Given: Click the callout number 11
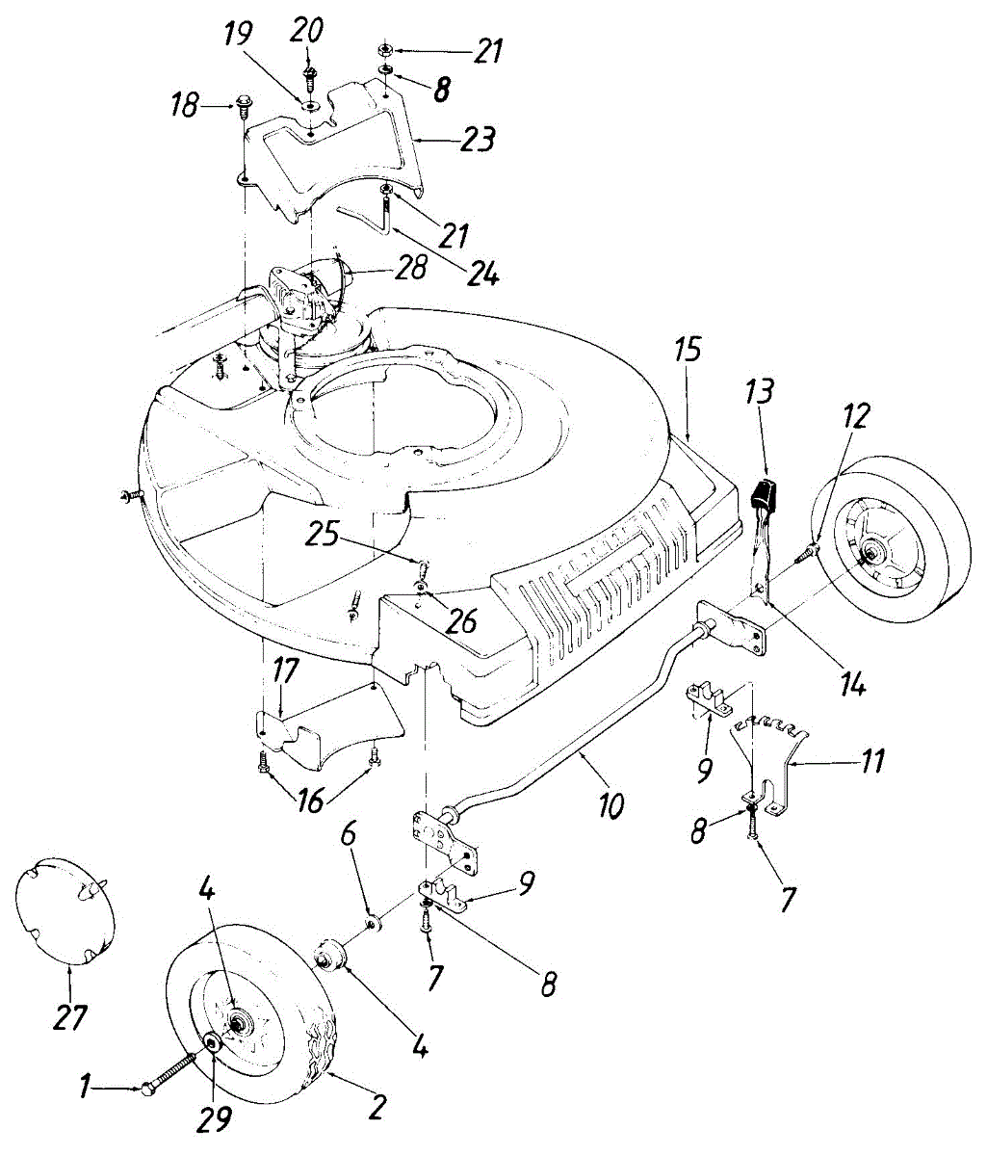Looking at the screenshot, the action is coord(870,762).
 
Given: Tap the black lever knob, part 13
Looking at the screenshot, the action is coord(763,495).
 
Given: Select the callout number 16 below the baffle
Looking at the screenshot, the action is coord(310,801).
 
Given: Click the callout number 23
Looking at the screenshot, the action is coord(477,139).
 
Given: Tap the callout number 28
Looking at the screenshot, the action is coord(409,268).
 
